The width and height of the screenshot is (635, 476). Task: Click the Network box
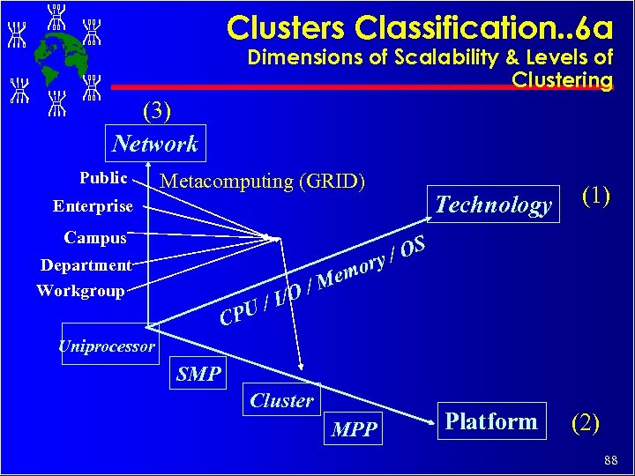(x=155, y=144)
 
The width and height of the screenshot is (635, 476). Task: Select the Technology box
(x=493, y=205)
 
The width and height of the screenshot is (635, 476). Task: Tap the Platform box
(x=491, y=421)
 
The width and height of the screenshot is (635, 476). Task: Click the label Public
(x=103, y=178)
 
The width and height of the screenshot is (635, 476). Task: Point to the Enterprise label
(x=93, y=206)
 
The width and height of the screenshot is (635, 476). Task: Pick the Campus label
(x=95, y=237)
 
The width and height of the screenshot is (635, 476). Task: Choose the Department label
(x=86, y=264)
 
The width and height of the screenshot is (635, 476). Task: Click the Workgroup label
(x=80, y=290)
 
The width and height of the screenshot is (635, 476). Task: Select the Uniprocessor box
(x=107, y=346)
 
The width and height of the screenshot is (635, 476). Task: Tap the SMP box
(x=198, y=374)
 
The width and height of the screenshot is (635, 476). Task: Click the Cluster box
(x=281, y=400)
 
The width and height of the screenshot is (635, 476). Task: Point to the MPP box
(x=355, y=429)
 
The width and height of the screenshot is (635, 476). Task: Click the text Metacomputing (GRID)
(x=263, y=182)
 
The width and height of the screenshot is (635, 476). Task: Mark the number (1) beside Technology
(x=595, y=195)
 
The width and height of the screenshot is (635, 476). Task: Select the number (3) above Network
(x=156, y=112)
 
